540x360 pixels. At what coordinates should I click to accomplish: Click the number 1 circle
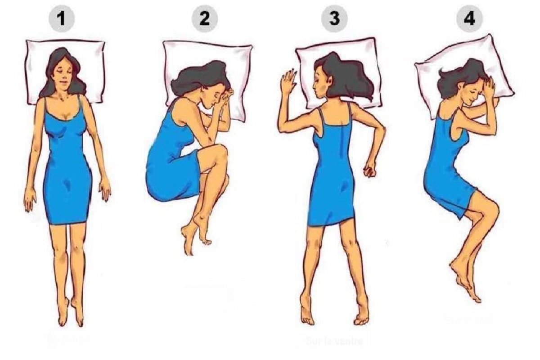click(63, 19)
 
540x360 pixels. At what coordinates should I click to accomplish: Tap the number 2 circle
click(205, 19)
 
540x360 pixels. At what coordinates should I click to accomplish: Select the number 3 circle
click(334, 19)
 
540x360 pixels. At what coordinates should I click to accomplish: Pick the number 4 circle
click(469, 19)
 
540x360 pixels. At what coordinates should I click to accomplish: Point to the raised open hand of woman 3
click(288, 81)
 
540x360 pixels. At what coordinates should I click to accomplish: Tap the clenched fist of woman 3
click(370, 171)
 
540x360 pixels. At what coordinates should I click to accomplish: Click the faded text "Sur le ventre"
click(333, 341)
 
